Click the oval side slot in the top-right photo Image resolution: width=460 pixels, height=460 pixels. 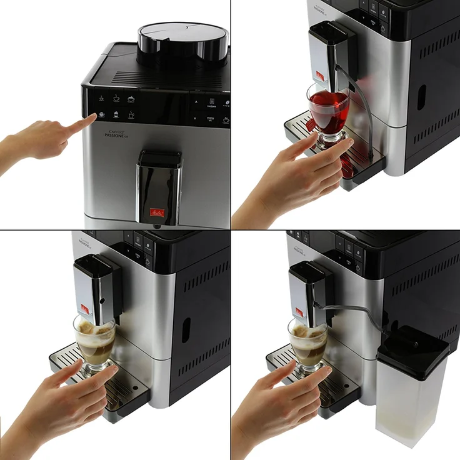(x=422, y=97)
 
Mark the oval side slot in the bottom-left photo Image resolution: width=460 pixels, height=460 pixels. (x=186, y=329)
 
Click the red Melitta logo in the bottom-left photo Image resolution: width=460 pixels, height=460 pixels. (x=84, y=307)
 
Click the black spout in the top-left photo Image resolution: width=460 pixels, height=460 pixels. (x=159, y=187)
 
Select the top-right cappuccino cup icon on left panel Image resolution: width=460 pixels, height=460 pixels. (x=131, y=99)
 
